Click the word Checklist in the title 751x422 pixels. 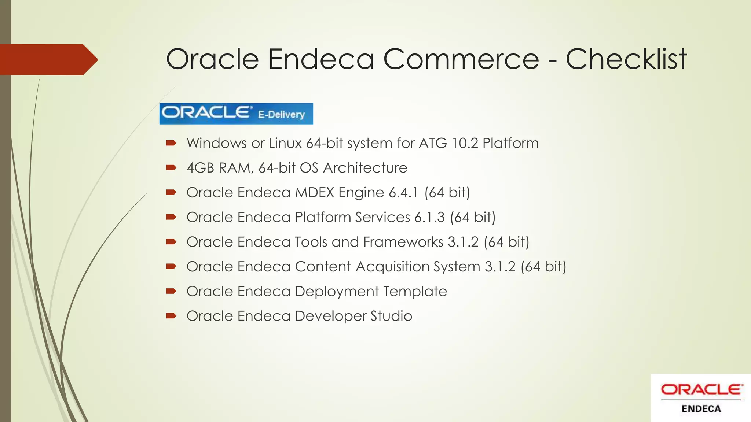tap(626, 59)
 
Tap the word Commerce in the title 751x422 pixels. tap(461, 59)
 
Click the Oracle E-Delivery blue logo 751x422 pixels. tap(236, 114)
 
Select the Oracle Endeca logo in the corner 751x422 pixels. tap(701, 398)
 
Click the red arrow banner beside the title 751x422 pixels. tap(48, 59)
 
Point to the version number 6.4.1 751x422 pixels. tap(403, 193)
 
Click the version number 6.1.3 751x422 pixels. tap(429, 217)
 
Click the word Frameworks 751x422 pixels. tap(403, 242)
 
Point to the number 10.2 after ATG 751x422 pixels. tap(465, 143)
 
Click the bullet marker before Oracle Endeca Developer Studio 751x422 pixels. tap(171, 316)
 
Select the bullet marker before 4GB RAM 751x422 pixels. tap(171, 168)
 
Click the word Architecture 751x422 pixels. tap(365, 168)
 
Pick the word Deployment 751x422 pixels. tap(337, 292)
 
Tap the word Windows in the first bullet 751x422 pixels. tap(216, 143)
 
